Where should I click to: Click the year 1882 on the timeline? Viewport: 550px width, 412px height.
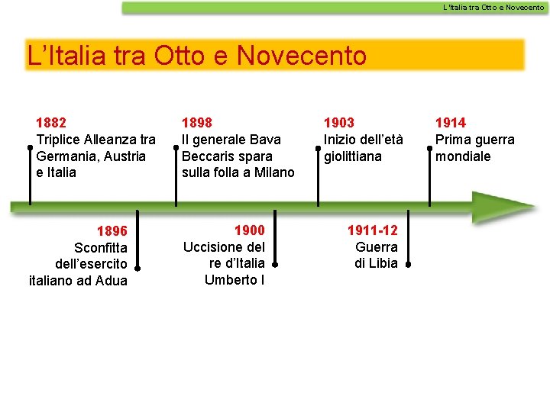pos(51,122)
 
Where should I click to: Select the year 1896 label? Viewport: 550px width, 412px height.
pos(112,230)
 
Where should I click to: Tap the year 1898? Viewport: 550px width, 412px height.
pos(197,122)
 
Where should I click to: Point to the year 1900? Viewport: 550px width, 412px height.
pos(249,230)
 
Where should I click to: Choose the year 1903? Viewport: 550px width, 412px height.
pos(339,122)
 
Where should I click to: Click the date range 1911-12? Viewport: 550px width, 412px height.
pos(372,230)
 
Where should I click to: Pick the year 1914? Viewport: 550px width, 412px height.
pos(451,122)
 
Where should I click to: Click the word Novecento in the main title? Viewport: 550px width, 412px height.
pos(302,56)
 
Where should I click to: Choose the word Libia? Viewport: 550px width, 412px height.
pos(383,263)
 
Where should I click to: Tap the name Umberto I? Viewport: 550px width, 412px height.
pos(235,280)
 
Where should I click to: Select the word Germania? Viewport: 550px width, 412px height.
pos(64,156)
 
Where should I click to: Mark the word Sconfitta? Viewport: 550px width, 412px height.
pos(101,248)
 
